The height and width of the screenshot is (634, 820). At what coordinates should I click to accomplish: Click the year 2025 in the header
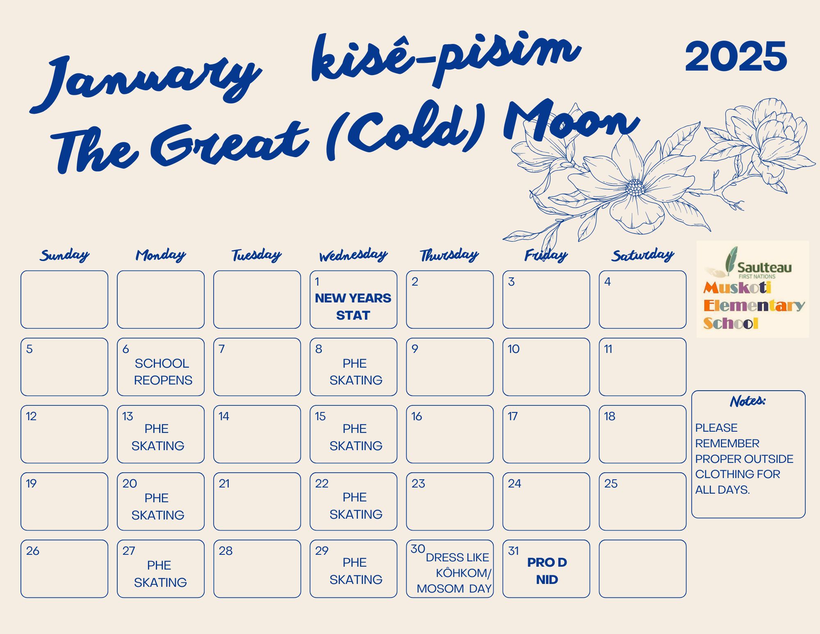pyautogui.click(x=736, y=56)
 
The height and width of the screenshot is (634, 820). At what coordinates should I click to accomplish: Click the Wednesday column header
pyautogui.click(x=353, y=255)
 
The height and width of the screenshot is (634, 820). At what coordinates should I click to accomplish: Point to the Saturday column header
pyautogui.click(x=643, y=255)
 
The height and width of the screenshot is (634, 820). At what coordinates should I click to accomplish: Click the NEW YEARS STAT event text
pyautogui.click(x=353, y=307)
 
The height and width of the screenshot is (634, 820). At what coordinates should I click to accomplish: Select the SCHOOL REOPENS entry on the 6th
pyautogui.click(x=163, y=372)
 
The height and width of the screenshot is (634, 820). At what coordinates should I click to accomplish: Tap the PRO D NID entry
pyautogui.click(x=547, y=571)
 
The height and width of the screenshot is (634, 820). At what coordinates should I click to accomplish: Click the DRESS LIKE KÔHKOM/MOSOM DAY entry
pyautogui.click(x=454, y=573)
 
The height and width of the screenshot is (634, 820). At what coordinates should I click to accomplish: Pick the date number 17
pyautogui.click(x=512, y=416)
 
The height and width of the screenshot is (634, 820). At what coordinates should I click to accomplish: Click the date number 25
pyautogui.click(x=610, y=483)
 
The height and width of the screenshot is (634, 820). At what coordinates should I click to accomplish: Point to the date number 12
pyautogui.click(x=31, y=416)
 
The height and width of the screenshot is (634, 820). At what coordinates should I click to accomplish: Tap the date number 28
pyautogui.click(x=225, y=551)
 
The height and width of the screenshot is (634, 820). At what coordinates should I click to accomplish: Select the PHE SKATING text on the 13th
pyautogui.click(x=158, y=437)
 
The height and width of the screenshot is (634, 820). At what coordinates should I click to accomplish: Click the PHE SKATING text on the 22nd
pyautogui.click(x=356, y=506)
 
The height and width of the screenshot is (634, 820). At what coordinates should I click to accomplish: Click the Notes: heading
pyautogui.click(x=748, y=401)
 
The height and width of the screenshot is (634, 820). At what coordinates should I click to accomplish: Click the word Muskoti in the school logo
pyautogui.click(x=737, y=287)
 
